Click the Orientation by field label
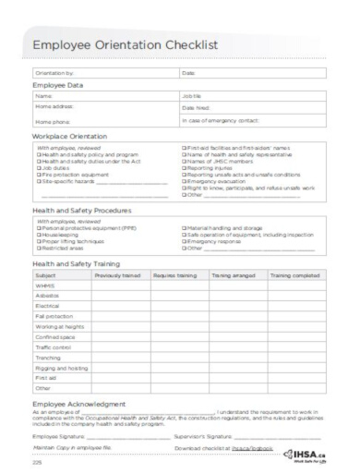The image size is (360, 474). pyautogui.click(x=55, y=72)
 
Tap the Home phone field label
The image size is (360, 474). pyautogui.click(x=52, y=122)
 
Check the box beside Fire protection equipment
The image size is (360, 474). pyautogui.click(x=38, y=175)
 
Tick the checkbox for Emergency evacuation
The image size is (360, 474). pyautogui.click(x=186, y=180)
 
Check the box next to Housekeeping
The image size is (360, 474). pyautogui.click(x=38, y=234)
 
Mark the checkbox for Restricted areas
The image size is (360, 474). pyautogui.click(x=38, y=247)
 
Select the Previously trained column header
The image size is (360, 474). pyautogui.click(x=114, y=275)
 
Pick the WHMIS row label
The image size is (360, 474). pyautogui.click(x=45, y=286)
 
